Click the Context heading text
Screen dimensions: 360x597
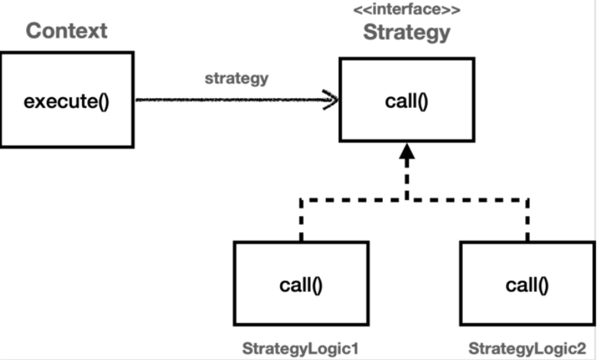tap(67, 31)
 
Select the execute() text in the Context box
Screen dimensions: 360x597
tap(67, 100)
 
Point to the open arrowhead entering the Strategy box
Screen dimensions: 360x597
tap(331, 100)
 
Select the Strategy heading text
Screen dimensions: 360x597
tap(406, 33)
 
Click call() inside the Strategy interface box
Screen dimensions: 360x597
tap(406, 100)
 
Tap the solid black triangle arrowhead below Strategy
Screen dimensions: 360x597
tap(406, 153)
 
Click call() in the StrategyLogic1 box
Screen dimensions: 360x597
tap(301, 285)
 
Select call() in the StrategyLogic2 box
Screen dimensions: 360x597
tap(527, 285)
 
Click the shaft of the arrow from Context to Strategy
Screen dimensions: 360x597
tap(230, 100)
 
